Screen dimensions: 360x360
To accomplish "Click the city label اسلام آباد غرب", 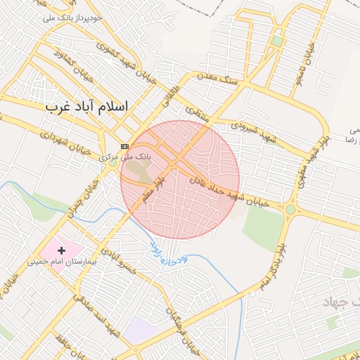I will pyautogui.click(x=87, y=107).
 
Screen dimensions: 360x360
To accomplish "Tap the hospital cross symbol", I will pyautogui.click(x=61, y=250).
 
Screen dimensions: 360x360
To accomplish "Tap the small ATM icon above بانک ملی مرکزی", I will pyautogui.click(x=125, y=146).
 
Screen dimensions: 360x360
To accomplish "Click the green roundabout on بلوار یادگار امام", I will pyautogui.click(x=290, y=210).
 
